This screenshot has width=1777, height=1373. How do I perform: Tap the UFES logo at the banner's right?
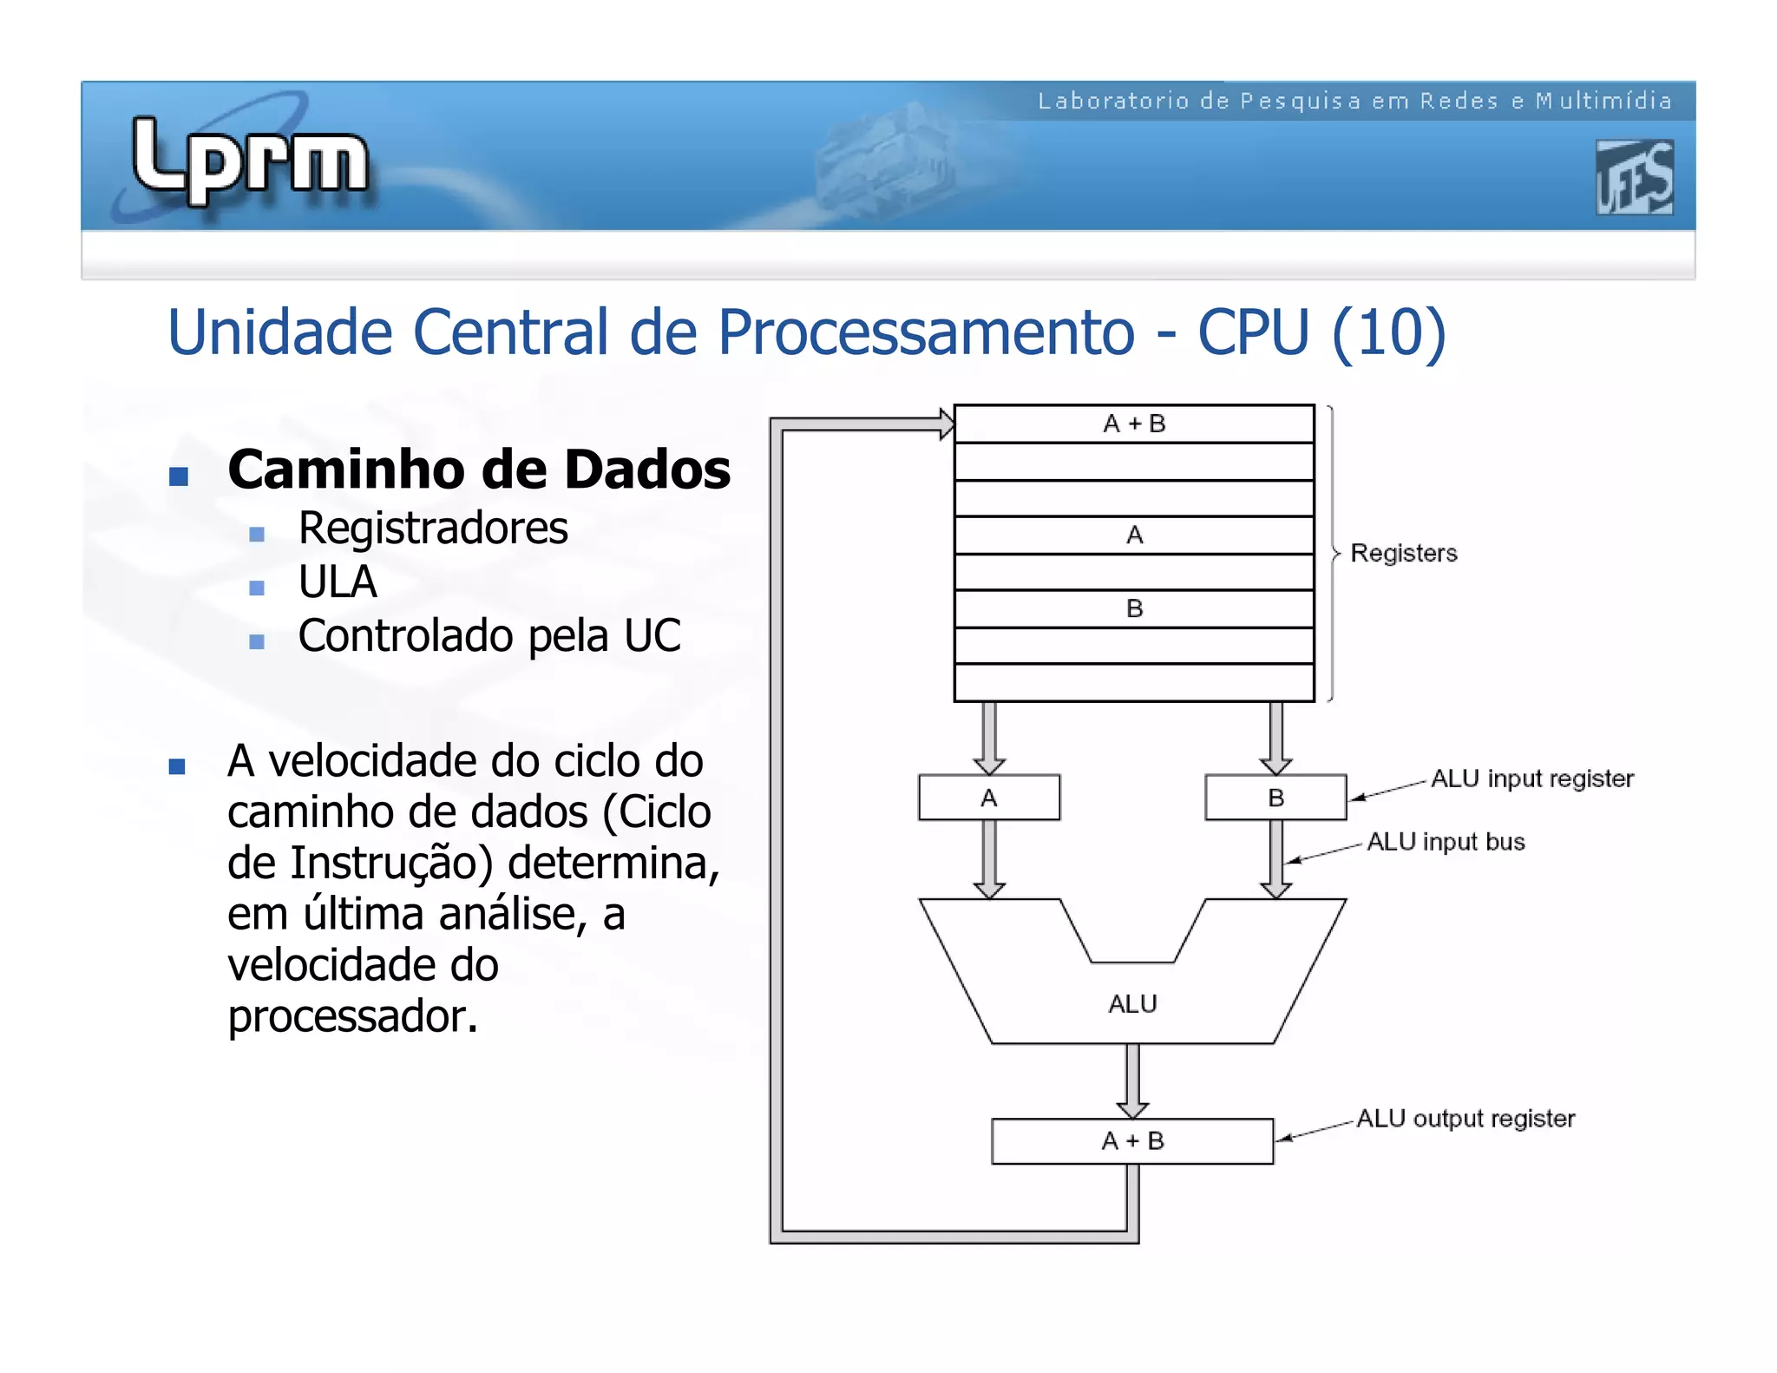point(1634,178)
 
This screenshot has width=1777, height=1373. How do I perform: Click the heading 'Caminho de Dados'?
point(478,470)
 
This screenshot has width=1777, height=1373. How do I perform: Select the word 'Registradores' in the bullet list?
point(433,529)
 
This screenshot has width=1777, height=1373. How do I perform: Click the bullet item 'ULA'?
point(338,581)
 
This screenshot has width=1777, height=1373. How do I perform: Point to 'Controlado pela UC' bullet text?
point(489,636)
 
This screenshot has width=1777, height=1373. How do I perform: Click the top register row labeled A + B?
point(1134,424)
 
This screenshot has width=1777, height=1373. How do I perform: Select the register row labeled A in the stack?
point(1134,535)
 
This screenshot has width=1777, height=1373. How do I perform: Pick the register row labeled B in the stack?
point(1134,609)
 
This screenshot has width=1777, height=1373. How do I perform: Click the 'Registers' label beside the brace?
point(1403,554)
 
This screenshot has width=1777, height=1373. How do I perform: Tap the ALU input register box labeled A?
point(989,798)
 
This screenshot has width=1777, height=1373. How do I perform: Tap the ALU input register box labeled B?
point(1275,798)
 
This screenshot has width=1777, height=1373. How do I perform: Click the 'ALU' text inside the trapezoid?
point(1132,1004)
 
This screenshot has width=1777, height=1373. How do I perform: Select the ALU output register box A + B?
point(1132,1141)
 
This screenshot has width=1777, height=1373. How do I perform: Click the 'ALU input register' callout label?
point(1531,778)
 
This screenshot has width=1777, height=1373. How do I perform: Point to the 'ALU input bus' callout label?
point(1446,842)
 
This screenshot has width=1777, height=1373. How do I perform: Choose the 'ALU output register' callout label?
point(1466,1119)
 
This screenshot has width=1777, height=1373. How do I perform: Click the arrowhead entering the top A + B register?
point(946,424)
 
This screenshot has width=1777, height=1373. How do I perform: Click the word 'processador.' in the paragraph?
point(352,1016)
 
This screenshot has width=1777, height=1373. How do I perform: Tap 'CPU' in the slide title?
point(1253,332)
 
